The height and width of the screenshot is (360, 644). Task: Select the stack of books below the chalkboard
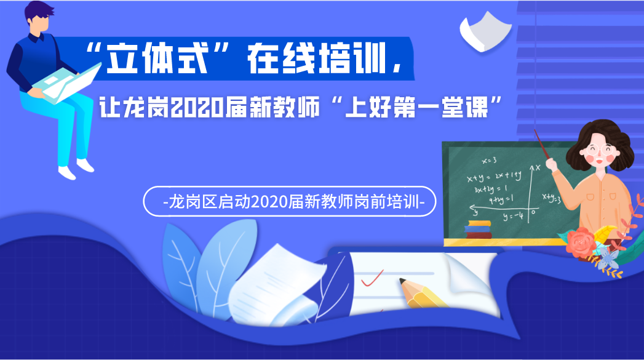(x=478, y=230)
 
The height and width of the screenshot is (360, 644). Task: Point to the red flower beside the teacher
(x=581, y=242)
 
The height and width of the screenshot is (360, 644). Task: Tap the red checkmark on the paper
(x=372, y=278)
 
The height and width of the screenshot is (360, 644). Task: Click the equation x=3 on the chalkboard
(x=489, y=160)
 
